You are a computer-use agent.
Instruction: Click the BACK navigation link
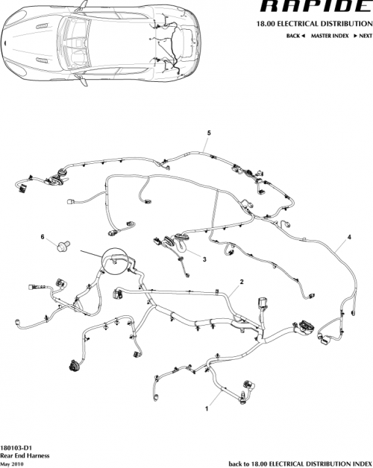pos(293,37)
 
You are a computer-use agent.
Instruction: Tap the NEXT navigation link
pos(363,37)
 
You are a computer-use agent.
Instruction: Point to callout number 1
pos(207,409)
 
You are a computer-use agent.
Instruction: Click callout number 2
pos(241,282)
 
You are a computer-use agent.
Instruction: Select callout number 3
pos(204,259)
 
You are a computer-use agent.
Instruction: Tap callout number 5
pos(209,133)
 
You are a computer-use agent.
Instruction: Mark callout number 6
pos(43,237)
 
